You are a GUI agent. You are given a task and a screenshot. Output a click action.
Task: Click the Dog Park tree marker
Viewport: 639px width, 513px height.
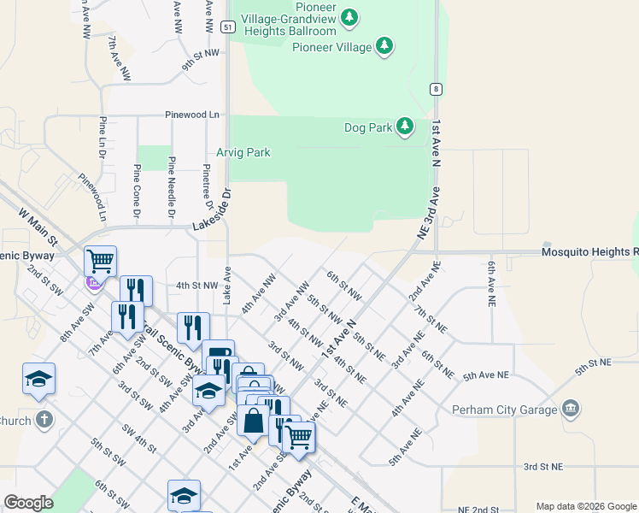pos(405,128)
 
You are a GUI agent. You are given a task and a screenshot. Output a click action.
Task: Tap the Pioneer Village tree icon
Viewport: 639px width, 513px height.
pos(385,46)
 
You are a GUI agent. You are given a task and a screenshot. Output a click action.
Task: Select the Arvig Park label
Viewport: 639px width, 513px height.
pos(243,152)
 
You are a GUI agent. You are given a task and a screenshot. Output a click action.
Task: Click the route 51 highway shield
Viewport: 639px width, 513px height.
pos(226,27)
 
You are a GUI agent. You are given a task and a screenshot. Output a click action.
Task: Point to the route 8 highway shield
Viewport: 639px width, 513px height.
pos(436,88)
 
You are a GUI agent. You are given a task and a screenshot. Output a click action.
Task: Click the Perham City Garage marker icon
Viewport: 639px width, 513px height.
pos(572,409)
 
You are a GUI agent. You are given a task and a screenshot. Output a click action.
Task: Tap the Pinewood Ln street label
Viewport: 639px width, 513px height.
pos(192,114)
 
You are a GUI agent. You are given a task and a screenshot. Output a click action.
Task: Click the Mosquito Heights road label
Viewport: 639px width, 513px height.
pos(589,252)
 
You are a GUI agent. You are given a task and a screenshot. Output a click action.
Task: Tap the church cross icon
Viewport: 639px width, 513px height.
pos(44,421)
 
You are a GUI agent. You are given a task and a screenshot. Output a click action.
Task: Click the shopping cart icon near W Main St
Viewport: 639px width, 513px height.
pos(100,260)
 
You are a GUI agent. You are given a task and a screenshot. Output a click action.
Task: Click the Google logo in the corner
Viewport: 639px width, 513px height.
pos(28,503)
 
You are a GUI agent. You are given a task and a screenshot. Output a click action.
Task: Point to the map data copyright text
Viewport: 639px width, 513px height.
pos(586,506)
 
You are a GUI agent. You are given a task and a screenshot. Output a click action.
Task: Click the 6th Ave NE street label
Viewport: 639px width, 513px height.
pos(492,285)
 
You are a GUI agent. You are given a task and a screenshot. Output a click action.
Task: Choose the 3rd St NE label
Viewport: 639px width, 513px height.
pos(543,467)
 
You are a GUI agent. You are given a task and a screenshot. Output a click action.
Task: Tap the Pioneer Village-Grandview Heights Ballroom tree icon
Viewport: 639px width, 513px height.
pos(349,17)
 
